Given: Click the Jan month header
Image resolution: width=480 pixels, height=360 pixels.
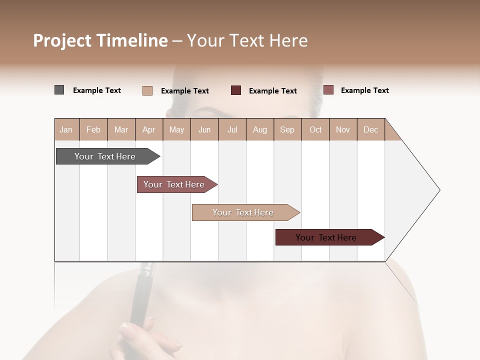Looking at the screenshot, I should pos(66,129).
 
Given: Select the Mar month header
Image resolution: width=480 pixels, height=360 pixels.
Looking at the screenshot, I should pos(121,129).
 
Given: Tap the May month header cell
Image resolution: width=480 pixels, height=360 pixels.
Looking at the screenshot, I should pos(176,129).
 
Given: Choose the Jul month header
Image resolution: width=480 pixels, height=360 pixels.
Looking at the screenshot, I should pos(232,129).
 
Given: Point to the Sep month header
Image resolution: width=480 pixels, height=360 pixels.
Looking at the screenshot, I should pos(287,129).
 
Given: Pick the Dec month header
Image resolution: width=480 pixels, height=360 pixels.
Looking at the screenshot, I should pos(370,129).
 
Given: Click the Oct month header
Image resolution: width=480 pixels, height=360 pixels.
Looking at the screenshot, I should pos(315,129).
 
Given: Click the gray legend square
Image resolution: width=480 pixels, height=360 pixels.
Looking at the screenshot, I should pos(59,90).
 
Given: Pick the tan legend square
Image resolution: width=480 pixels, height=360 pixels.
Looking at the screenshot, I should pos(147,90).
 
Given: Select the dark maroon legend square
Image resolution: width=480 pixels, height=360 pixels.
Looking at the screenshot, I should pos(236,90).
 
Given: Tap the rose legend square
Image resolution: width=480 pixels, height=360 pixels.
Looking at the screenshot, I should pos(328,90).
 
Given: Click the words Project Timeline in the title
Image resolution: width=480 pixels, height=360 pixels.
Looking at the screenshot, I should pos(100,40).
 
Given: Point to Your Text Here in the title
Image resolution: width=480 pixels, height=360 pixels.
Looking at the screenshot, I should pos(247,40).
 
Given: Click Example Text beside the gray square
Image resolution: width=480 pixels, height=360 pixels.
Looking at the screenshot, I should pos(97,90).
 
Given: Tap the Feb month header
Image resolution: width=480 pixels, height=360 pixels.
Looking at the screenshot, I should pos(93,129).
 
